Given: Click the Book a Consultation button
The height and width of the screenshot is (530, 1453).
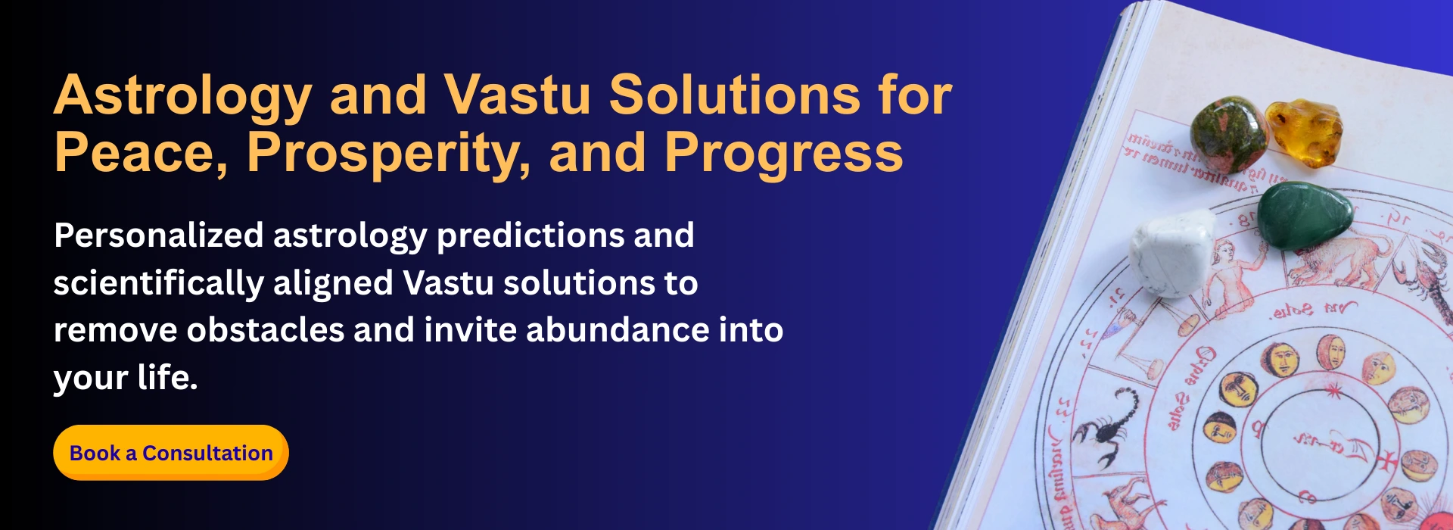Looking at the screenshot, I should coord(171,453).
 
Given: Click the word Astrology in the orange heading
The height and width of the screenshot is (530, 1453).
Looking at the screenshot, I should coord(182,96).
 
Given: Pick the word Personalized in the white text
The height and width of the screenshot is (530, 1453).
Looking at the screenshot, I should coord(158,235).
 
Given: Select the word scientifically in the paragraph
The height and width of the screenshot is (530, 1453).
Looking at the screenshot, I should coord(158,283).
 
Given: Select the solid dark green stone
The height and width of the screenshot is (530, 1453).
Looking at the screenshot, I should coord(1305,215).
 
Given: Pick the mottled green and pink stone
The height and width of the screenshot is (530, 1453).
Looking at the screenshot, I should coord(1228,134).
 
